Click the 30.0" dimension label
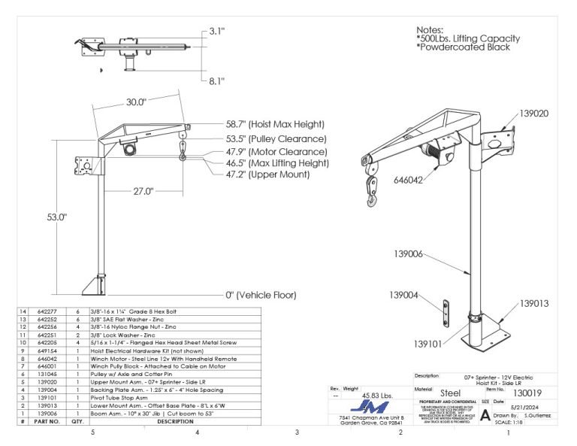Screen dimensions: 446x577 click(135, 102)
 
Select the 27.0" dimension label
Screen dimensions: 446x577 click(143, 191)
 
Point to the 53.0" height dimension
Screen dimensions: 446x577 click(57, 217)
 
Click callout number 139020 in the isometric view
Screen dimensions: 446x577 click(532, 114)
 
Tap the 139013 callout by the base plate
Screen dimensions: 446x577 click(533, 305)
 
